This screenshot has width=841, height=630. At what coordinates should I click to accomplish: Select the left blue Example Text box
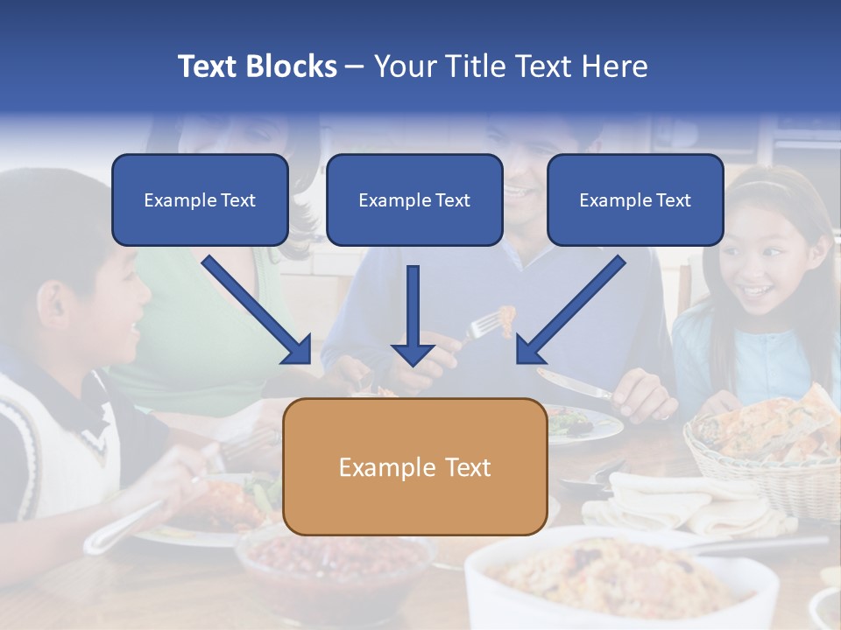pyautogui.click(x=200, y=199)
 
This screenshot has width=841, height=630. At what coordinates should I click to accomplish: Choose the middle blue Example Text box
pyautogui.click(x=414, y=199)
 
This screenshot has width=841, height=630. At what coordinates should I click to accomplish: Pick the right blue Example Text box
pyautogui.click(x=635, y=199)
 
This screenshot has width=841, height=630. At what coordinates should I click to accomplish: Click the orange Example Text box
pyautogui.click(x=415, y=466)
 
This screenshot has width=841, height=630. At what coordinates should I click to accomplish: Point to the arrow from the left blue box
pyautogui.click(x=257, y=310)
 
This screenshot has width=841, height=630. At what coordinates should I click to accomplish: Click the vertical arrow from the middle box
pyautogui.click(x=413, y=315)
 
